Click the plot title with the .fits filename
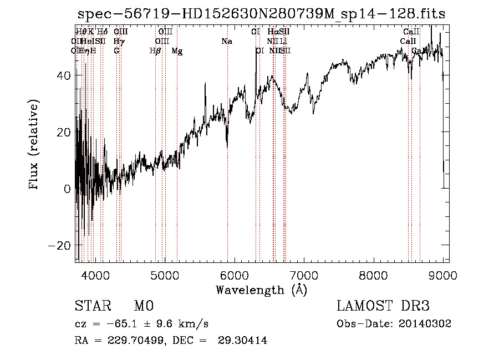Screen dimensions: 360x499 click(x=261, y=14)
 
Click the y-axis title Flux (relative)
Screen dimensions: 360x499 click(x=34, y=145)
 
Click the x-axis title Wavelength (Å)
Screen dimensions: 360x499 click(x=261, y=290)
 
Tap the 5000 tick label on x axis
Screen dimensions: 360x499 click(x=165, y=275)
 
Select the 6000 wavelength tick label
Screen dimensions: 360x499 click(x=234, y=275)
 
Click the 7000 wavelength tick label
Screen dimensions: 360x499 click(x=304, y=275)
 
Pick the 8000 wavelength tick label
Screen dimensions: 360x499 click(x=373, y=275)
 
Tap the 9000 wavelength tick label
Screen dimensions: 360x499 click(x=443, y=275)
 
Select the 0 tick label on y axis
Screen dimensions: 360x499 click(x=67, y=189)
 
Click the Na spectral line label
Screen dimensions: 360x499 click(x=226, y=41)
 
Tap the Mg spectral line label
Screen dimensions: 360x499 click(x=177, y=51)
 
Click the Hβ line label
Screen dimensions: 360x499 click(x=156, y=50)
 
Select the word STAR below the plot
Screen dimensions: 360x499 click(x=93, y=306)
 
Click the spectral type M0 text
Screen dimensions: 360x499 click(x=143, y=306)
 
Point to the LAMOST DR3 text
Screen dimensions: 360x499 click(x=383, y=306)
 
